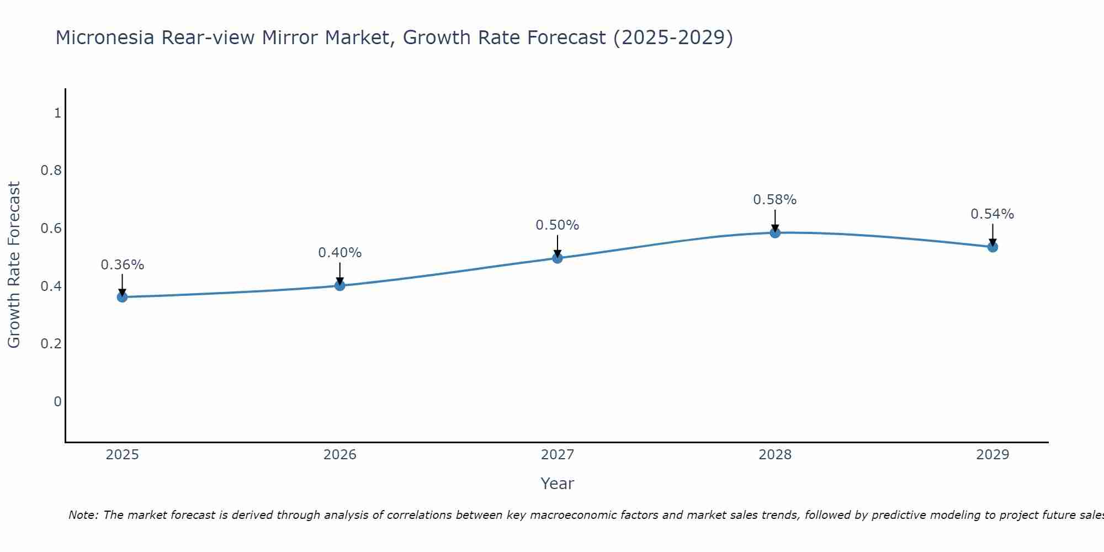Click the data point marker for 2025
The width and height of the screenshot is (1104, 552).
coord(122,297)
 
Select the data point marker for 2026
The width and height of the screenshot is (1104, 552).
coord(339,285)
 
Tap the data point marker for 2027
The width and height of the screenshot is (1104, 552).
coord(558,258)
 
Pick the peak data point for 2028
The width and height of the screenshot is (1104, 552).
coord(775,232)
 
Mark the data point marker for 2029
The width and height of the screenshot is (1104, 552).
coord(992,247)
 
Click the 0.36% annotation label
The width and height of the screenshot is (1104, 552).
coord(122,265)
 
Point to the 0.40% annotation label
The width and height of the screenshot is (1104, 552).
coord(339,253)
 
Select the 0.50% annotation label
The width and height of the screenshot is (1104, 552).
coord(558,225)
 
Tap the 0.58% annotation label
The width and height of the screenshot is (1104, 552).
coord(775,200)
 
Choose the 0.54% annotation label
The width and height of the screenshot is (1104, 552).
coord(992,214)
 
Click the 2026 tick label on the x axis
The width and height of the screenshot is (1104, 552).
coord(339,455)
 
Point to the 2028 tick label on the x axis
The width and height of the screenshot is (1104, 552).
coord(775,455)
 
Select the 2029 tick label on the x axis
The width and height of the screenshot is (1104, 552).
coord(992,455)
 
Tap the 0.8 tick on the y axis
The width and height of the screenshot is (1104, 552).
coord(51,171)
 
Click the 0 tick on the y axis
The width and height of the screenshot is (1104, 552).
coord(57,401)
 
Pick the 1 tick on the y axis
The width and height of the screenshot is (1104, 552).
coord(57,113)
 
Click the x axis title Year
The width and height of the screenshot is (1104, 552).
coord(558,484)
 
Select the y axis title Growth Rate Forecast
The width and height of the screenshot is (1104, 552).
coord(14,265)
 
